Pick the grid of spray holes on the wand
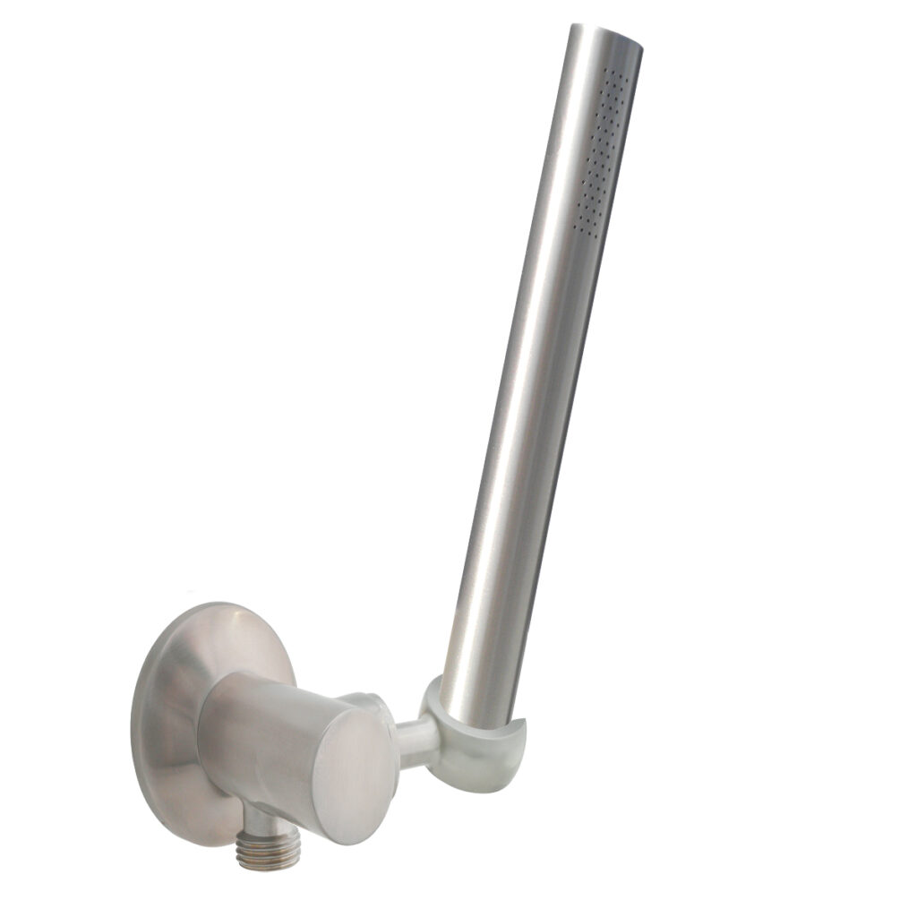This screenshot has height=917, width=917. click(x=600, y=152)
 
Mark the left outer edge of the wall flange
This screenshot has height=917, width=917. click(x=134, y=716)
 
